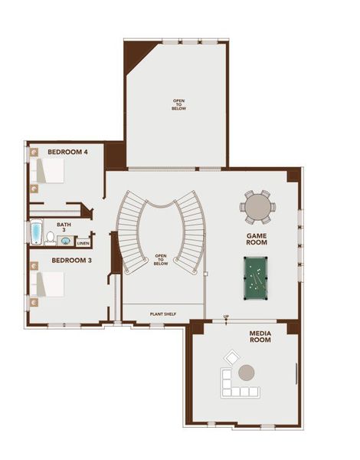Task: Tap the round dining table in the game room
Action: (x=256, y=205)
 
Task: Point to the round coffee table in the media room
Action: (x=247, y=373)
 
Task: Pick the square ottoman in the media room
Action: (x=231, y=356)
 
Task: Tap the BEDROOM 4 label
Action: (x=67, y=152)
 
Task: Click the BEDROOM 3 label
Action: (x=72, y=261)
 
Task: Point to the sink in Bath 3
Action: (x=66, y=241)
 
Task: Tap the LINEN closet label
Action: (x=83, y=243)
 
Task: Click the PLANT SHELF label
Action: (x=162, y=314)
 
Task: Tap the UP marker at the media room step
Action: (x=226, y=316)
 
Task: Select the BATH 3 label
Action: (x=64, y=228)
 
